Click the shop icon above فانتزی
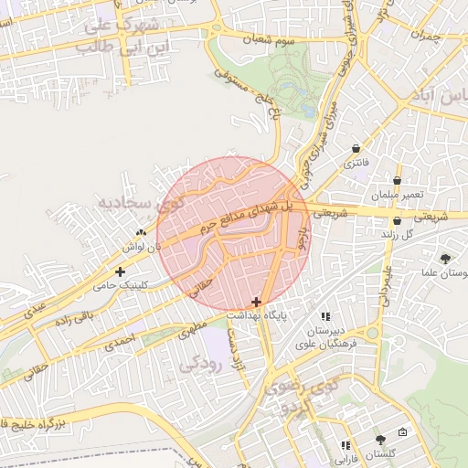click(355, 148)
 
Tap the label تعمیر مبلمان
click(397, 197)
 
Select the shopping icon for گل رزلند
click(397, 220)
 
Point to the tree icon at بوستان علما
click(445, 259)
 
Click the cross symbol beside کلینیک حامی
click(120, 271)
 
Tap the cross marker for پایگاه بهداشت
click(256, 301)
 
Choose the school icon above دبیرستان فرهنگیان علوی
click(326, 316)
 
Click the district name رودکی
click(201, 362)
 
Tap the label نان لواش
click(145, 247)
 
